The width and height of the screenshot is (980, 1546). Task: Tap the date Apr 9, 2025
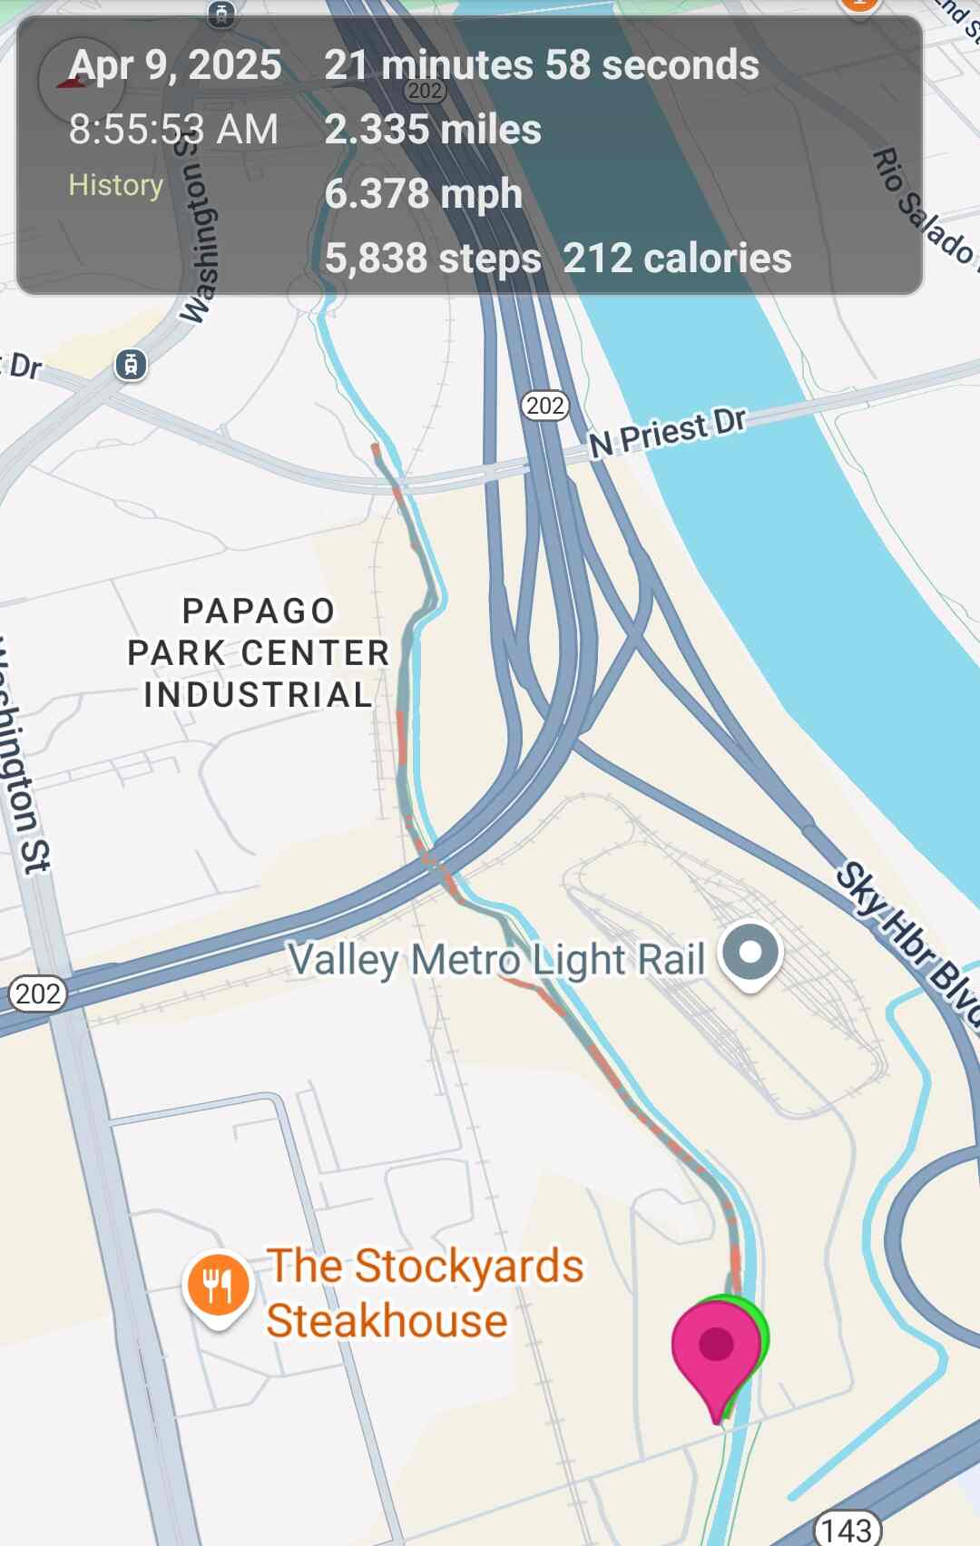175,65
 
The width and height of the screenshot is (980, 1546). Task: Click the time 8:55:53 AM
173,129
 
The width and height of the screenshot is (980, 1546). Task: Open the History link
116,185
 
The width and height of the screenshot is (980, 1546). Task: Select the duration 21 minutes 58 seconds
542,65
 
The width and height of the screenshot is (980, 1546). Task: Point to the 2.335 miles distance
433,129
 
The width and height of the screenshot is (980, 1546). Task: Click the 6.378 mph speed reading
423,193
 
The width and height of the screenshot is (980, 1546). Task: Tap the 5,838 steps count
433,259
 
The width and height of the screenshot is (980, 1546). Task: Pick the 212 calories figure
677,259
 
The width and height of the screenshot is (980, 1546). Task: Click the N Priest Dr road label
668,431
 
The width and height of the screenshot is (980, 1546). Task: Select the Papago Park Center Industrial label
259,652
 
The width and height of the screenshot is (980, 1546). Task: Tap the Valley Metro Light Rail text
496,960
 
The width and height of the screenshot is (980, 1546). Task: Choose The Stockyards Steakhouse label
425,1293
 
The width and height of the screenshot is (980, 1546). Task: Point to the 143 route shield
847,1530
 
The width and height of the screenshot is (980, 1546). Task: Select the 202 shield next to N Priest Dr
545,406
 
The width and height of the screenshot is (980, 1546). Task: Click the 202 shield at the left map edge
37,993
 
